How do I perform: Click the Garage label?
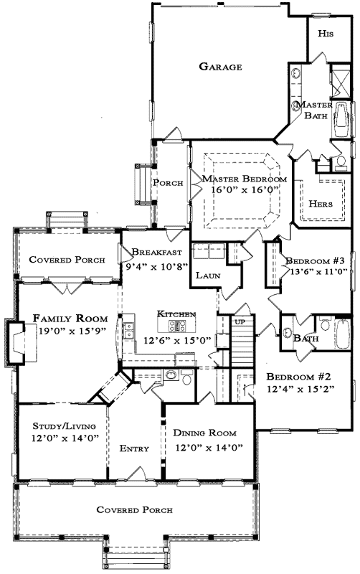(220, 67)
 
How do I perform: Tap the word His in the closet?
(326, 34)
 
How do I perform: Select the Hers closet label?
(320, 203)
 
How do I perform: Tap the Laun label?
(207, 275)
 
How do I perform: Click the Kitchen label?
(176, 314)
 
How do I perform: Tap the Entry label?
(134, 448)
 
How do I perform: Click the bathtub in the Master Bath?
(341, 123)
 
